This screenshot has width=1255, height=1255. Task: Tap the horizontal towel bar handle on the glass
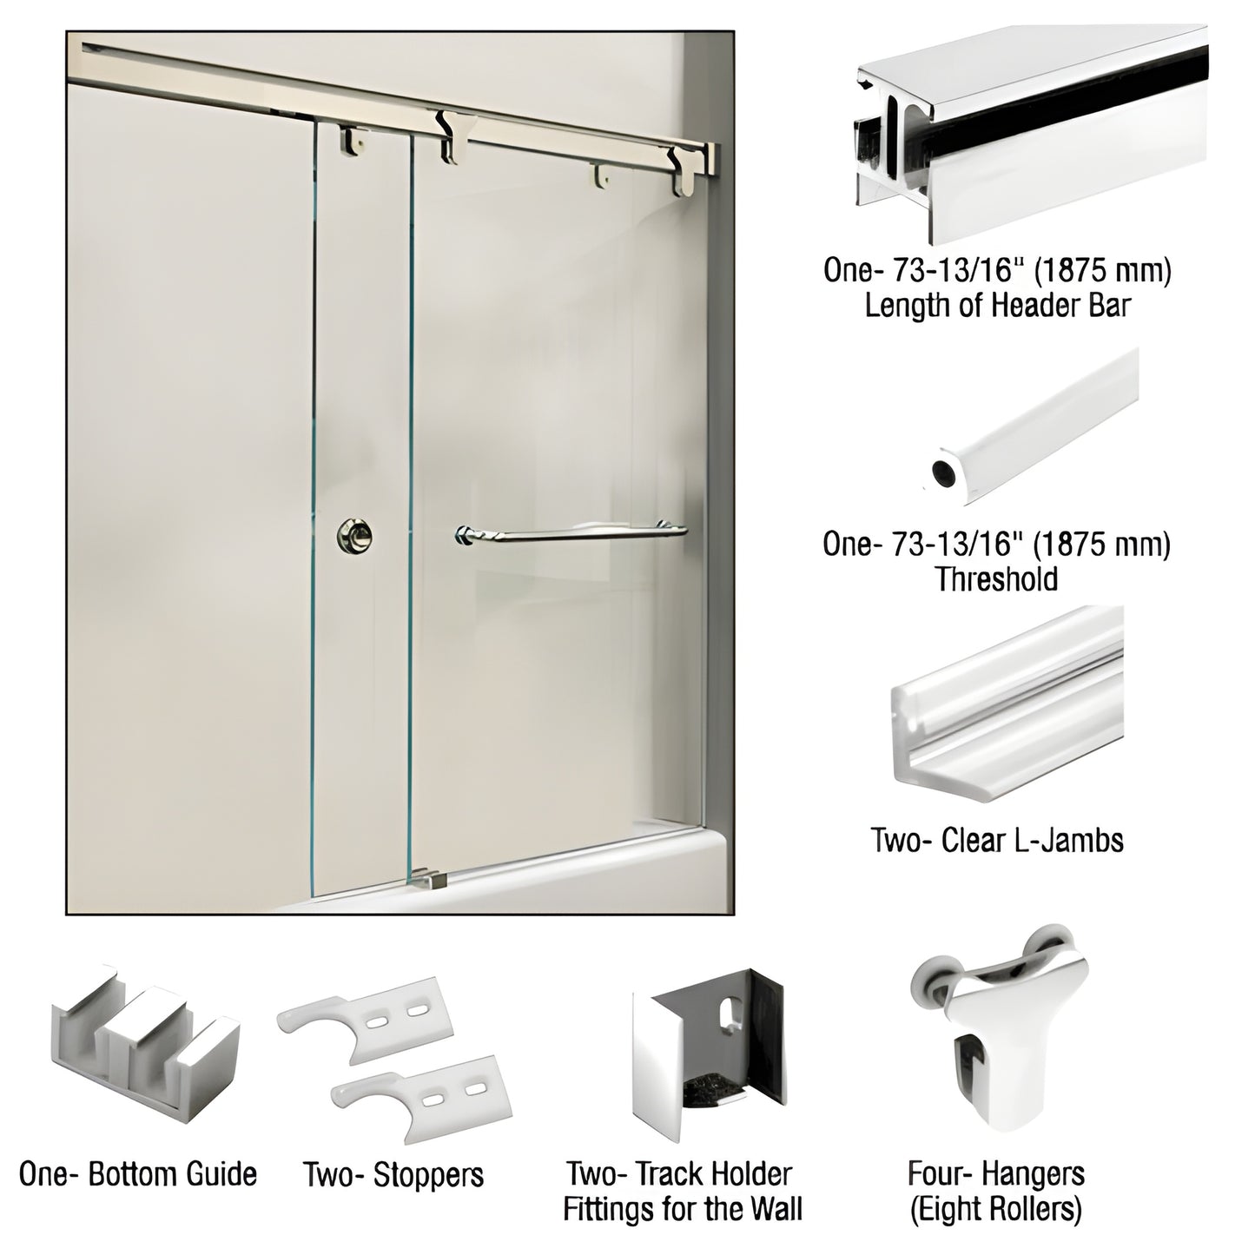pos(570,533)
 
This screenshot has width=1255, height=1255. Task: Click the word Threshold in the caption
pos(996,579)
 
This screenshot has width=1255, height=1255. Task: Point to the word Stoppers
pos(429,1175)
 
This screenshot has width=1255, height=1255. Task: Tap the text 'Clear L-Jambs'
pos(1032,840)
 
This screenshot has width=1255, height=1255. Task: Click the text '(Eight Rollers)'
pos(995,1209)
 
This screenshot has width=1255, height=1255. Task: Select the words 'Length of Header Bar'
pos(997,306)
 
